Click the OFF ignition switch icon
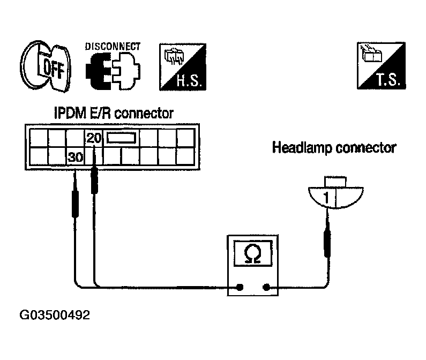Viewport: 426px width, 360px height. pos(46,66)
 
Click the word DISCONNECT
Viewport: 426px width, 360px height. pos(113,47)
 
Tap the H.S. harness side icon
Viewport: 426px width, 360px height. pos(183,66)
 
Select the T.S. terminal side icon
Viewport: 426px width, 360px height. pos(381,65)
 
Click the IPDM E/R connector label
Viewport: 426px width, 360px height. pos(114,113)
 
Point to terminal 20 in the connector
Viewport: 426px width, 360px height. pos(94,138)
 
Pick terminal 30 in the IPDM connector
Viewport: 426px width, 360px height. pos(76,157)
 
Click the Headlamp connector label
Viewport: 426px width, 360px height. pos(334,148)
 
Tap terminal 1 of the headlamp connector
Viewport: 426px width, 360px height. pos(326,198)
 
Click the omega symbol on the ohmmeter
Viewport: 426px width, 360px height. pos(253,253)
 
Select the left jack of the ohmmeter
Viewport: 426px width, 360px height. pos(240,287)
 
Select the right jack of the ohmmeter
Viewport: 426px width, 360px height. pos(266,287)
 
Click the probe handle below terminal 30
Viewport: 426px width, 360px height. pos(75,204)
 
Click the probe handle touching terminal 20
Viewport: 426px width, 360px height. pos(94,180)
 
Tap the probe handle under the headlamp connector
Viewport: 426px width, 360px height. pos(327,243)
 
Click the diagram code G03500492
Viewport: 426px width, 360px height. pos(55,315)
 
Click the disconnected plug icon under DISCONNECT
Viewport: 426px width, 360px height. pos(113,71)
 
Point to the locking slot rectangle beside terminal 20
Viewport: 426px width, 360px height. pos(121,138)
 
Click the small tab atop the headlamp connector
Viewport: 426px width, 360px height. pos(335,182)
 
